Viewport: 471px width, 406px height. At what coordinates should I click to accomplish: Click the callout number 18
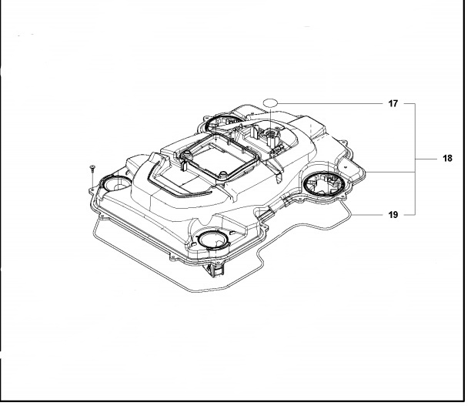coord(447,158)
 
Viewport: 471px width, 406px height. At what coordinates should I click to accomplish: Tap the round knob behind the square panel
coord(271,138)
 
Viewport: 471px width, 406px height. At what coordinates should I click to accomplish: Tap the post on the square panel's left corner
coord(185,159)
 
